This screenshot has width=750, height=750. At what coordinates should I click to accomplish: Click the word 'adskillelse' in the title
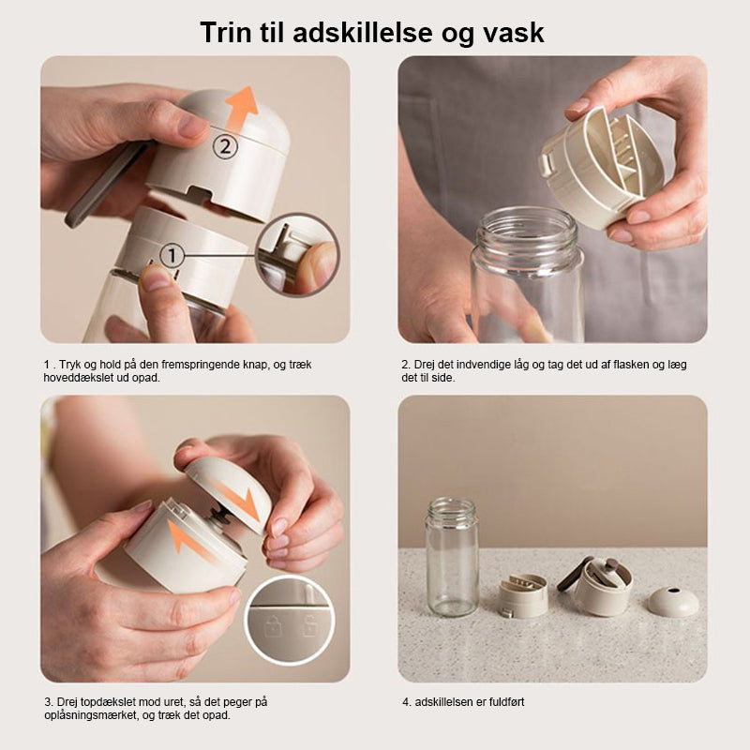pyautogui.click(x=363, y=33)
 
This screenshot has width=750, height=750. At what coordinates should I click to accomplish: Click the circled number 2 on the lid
pyautogui.click(x=225, y=147)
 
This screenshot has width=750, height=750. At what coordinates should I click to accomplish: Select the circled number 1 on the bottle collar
pyautogui.click(x=172, y=256)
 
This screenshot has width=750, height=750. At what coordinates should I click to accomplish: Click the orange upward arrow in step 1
pyautogui.click(x=242, y=108)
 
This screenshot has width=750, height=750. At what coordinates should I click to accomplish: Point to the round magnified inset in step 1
pyautogui.click(x=297, y=255)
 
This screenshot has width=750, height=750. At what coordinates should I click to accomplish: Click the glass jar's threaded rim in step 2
pyautogui.click(x=527, y=231)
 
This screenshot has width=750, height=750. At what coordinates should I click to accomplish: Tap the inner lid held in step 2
pyautogui.click(x=603, y=168)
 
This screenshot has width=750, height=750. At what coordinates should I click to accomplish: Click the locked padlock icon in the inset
pyautogui.click(x=274, y=625)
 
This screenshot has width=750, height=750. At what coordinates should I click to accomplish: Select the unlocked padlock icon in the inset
pyautogui.click(x=310, y=625)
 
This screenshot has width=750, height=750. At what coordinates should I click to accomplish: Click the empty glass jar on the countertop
pyautogui.click(x=452, y=557)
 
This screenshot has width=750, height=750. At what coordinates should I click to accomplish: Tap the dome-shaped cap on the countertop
pyautogui.click(x=673, y=601)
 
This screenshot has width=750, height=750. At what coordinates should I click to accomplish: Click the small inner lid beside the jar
pyautogui.click(x=523, y=595)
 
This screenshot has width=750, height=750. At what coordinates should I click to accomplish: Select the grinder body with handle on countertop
pyautogui.click(x=595, y=586)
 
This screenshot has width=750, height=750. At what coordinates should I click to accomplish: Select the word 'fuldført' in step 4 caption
pyautogui.click(x=505, y=702)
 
